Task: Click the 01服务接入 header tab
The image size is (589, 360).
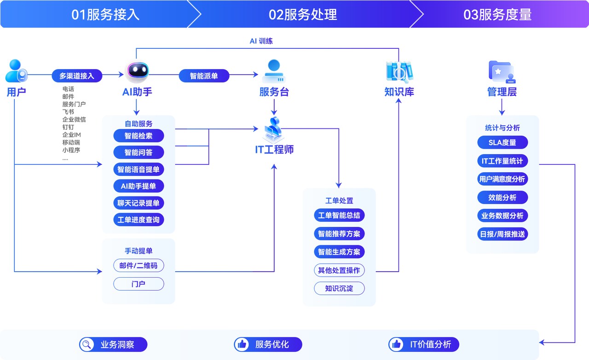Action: [105, 14]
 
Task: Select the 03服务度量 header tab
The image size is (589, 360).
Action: [497, 14]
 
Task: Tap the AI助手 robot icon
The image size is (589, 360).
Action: [137, 70]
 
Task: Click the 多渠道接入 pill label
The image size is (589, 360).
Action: [77, 75]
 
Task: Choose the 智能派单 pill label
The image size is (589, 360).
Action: [204, 75]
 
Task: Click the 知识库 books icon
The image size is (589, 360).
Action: [399, 71]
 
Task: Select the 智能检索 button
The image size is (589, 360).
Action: [139, 136]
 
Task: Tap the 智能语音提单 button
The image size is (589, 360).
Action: [139, 169]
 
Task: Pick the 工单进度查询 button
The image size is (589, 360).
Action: [139, 220]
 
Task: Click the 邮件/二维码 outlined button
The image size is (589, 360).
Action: [139, 266]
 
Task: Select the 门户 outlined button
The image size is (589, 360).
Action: [139, 284]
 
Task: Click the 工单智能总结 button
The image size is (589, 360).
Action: [339, 215]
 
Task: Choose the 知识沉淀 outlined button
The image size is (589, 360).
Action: [339, 289]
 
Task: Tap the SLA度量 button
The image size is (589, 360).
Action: [502, 142]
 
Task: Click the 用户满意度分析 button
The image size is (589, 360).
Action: [502, 179]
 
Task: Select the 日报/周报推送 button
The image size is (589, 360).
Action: [502, 234]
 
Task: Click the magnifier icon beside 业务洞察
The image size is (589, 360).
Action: [86, 344]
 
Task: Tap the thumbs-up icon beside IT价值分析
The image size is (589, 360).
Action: [396, 344]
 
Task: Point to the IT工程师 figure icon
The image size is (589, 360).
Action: [274, 130]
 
